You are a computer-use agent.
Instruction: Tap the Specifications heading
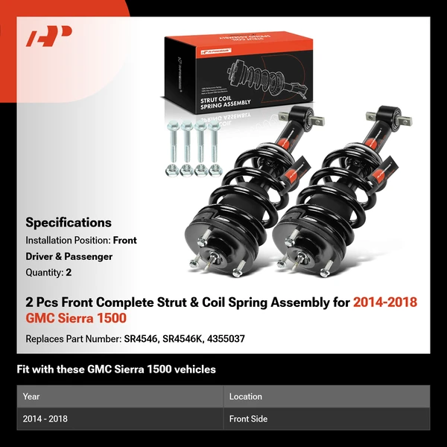click(69, 222)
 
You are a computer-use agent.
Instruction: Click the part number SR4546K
click(183, 339)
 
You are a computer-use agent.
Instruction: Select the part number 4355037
click(226, 339)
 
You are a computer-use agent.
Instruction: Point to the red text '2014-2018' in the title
click(385, 302)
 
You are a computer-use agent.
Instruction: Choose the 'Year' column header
click(31, 396)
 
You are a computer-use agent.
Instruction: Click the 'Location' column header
click(246, 396)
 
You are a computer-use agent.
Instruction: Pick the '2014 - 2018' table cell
click(45, 419)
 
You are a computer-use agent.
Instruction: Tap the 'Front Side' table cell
click(249, 419)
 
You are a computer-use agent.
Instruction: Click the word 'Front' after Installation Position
click(125, 241)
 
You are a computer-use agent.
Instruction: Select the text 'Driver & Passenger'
click(69, 256)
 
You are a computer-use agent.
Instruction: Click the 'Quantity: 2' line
click(48, 272)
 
